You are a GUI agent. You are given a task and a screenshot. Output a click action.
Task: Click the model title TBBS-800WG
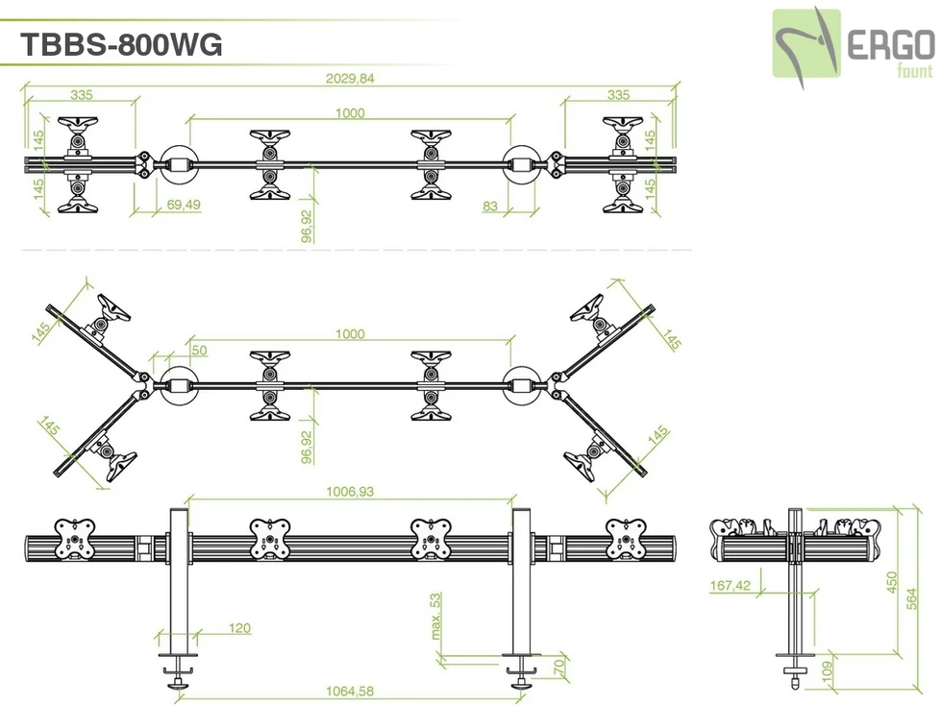pyautogui.click(x=121, y=44)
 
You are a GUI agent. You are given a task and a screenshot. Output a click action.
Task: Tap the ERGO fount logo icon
pyautogui.click(x=806, y=43)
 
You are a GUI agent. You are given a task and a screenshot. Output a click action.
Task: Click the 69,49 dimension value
pyautogui.click(x=183, y=205)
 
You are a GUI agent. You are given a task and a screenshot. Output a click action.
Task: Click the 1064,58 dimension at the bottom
pyautogui.click(x=350, y=692)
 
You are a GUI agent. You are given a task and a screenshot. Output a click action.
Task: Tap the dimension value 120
pyautogui.click(x=239, y=628)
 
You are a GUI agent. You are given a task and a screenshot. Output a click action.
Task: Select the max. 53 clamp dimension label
pyautogui.click(x=434, y=616)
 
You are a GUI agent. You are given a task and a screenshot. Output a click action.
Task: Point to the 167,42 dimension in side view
pyautogui.click(x=731, y=585)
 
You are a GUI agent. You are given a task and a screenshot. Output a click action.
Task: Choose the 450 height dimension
pyautogui.click(x=892, y=583)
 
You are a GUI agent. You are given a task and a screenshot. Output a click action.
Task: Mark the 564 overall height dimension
pyautogui.click(x=912, y=597)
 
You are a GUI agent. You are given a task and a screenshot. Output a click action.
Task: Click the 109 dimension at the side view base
pyautogui.click(x=825, y=671)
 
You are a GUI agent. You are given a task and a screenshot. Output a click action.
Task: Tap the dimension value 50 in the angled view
pyautogui.click(x=199, y=351)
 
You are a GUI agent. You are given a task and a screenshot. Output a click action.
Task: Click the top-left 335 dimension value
pyautogui.click(x=81, y=94)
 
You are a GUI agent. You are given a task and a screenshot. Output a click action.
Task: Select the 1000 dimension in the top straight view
pyautogui.click(x=350, y=112)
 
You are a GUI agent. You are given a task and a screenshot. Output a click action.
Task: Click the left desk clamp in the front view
pyautogui.click(x=179, y=671)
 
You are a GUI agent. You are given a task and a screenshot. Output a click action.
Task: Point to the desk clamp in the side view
pyautogui.click(x=795, y=673)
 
